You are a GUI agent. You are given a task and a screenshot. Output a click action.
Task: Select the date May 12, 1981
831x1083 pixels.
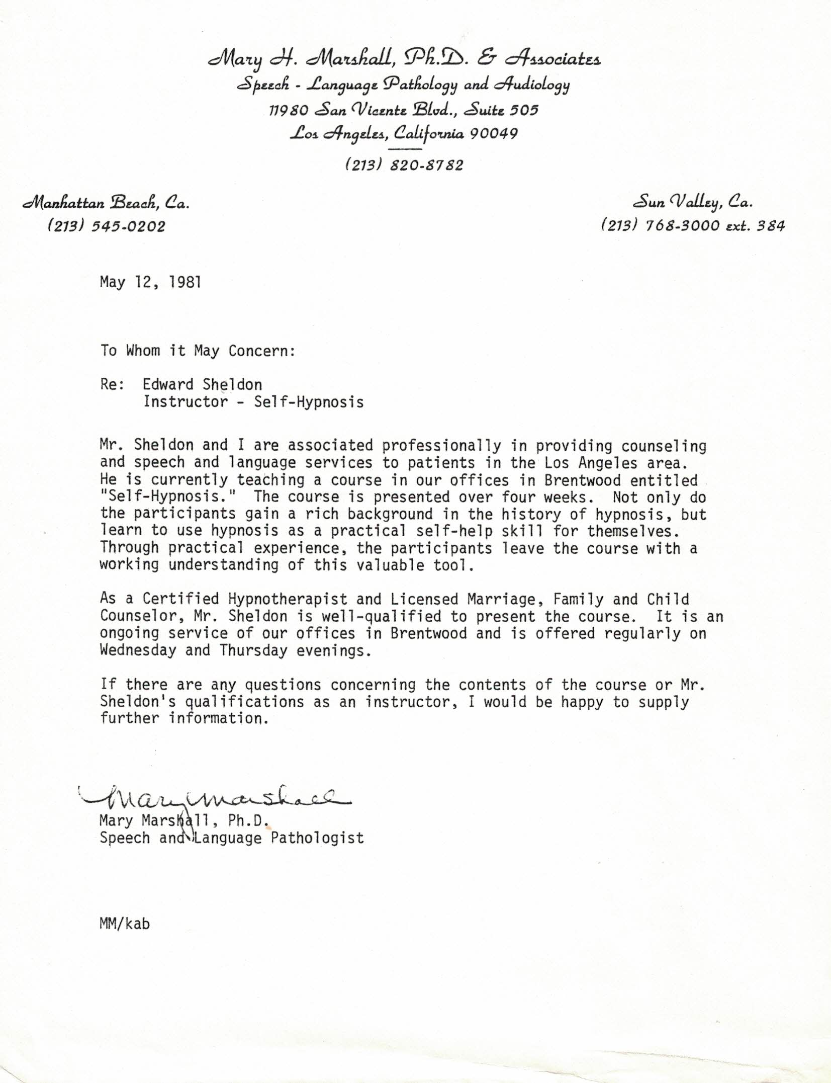click(x=150, y=282)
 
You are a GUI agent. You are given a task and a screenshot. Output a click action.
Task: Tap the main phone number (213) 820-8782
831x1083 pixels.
click(x=404, y=165)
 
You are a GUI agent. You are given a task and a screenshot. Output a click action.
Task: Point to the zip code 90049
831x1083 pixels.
click(x=494, y=134)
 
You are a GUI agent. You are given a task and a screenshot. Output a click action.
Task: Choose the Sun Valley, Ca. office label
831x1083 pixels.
click(x=693, y=203)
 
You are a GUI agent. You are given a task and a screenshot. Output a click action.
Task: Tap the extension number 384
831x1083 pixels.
click(x=770, y=226)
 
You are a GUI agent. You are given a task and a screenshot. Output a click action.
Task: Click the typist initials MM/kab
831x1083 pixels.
click(x=125, y=924)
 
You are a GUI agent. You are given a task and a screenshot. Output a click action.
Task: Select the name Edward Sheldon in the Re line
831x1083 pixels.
click(x=202, y=385)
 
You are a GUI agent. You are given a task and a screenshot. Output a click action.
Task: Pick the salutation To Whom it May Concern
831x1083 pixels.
click(x=198, y=351)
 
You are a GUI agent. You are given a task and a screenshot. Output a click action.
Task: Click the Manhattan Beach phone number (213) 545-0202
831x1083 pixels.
click(x=106, y=226)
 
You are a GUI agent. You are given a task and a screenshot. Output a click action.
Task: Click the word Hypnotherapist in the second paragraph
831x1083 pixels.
click(x=288, y=599)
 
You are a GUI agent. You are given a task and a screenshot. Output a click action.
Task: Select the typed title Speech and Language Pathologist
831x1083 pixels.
click(x=231, y=838)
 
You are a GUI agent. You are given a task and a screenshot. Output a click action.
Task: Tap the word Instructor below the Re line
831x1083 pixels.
click(x=186, y=402)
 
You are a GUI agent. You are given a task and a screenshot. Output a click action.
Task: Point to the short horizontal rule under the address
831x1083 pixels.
click(x=405, y=149)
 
